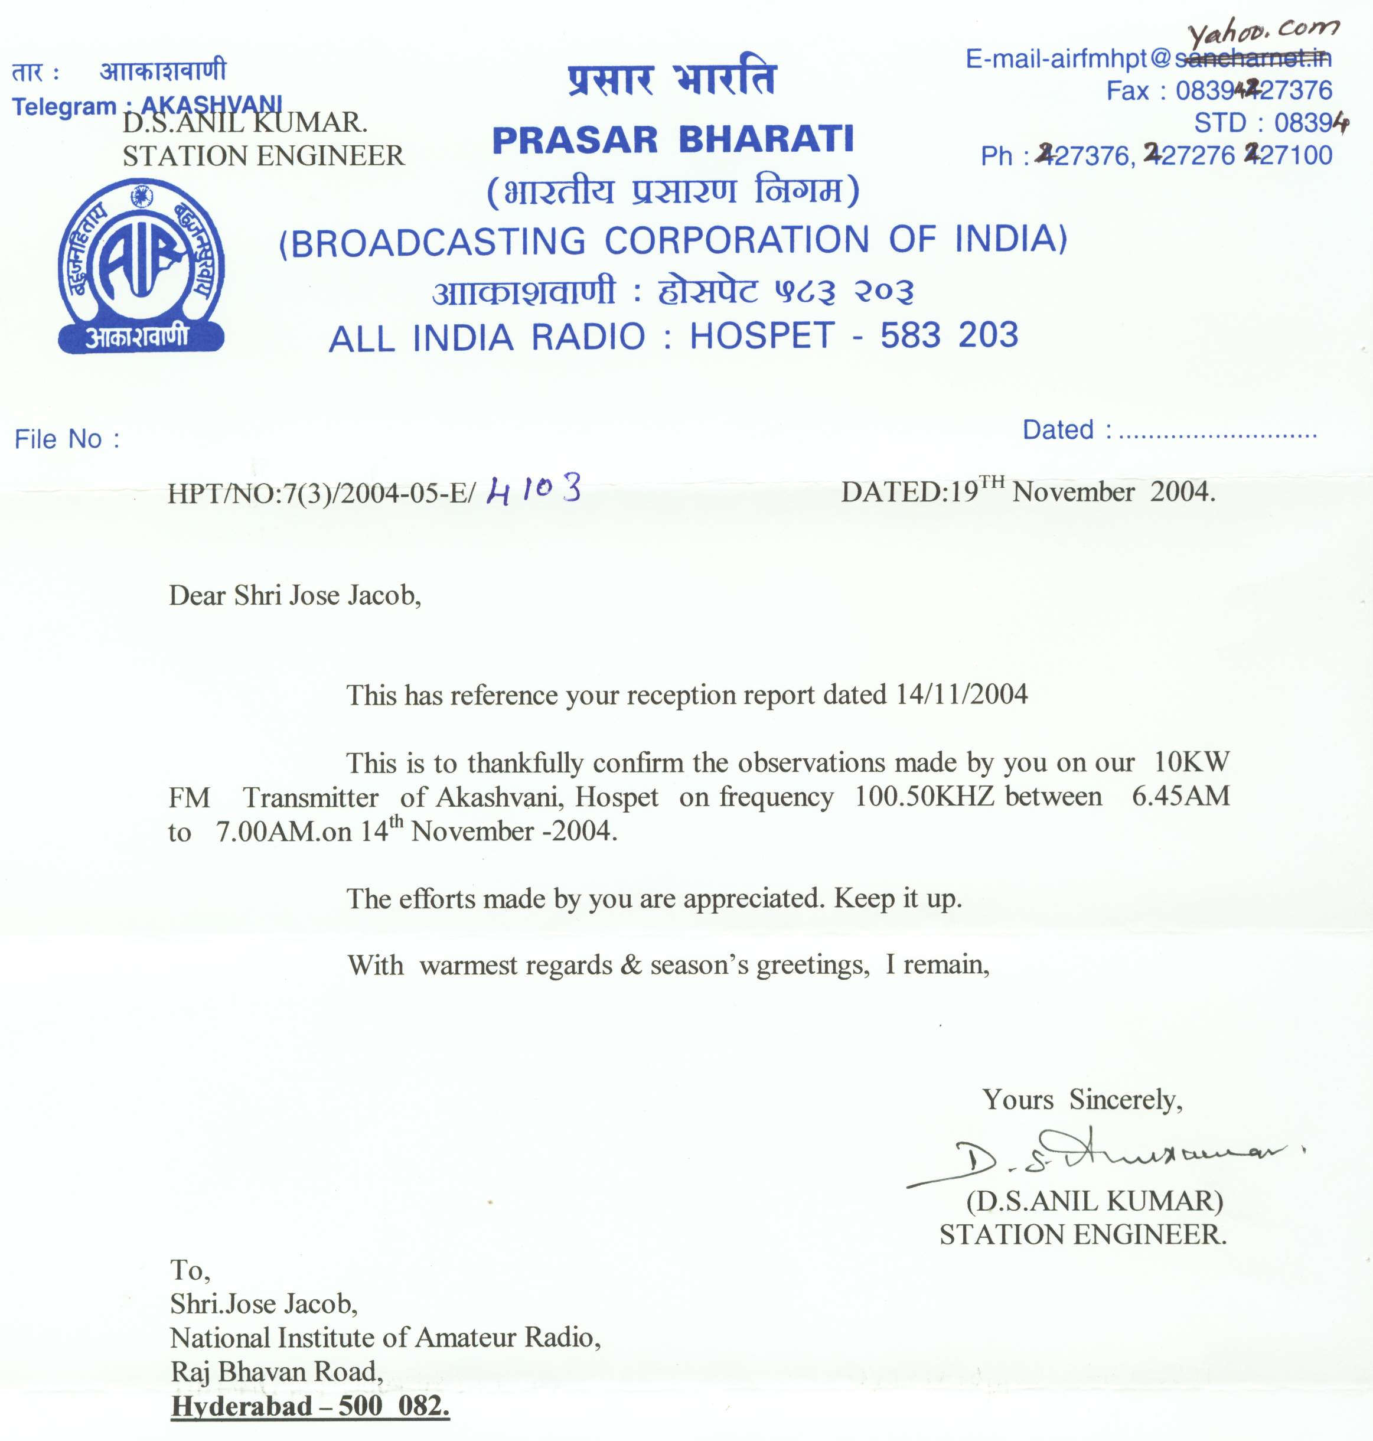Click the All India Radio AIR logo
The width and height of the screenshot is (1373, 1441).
click(141, 267)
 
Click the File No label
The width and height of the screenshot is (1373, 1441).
click(67, 439)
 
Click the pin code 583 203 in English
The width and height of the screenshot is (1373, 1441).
click(948, 335)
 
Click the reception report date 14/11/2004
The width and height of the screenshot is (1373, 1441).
click(961, 694)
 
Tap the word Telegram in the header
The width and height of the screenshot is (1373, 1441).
click(64, 107)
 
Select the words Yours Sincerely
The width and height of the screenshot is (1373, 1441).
click(1082, 1099)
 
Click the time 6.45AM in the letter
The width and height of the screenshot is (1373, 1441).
click(1180, 796)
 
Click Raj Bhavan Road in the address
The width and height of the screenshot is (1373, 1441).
click(276, 1371)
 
